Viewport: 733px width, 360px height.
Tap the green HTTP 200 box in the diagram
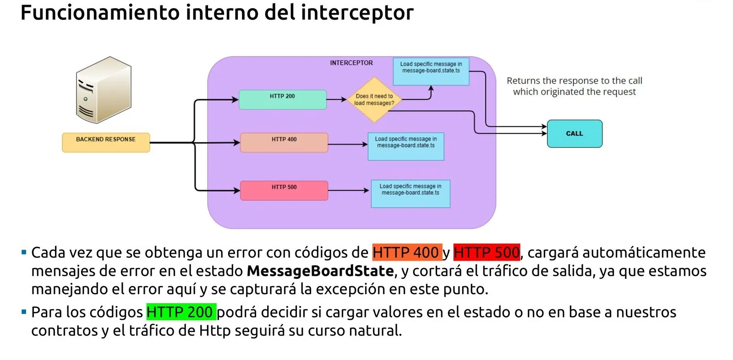coord(282,99)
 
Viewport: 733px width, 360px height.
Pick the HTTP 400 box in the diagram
coord(284,142)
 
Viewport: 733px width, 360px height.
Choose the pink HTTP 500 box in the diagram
coord(284,190)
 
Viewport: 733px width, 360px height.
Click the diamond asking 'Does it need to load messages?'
coord(374,99)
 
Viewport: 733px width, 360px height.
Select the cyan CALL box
coord(574,134)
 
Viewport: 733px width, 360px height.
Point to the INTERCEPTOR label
coord(351,63)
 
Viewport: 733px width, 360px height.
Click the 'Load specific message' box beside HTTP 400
coord(406,146)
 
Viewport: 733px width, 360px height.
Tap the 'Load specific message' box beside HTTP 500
coord(410,193)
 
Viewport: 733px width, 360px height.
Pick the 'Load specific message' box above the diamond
coord(431,71)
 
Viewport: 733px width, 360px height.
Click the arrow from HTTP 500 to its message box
coord(349,190)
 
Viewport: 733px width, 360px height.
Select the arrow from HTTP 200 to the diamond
coord(337,99)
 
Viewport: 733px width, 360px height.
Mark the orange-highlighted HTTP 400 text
coord(406,252)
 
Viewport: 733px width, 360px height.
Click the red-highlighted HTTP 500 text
coord(487,252)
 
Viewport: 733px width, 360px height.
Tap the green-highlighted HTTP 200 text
coord(181,312)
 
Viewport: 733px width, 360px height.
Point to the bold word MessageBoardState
coord(320,271)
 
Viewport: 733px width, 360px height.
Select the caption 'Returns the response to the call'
coord(574,81)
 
